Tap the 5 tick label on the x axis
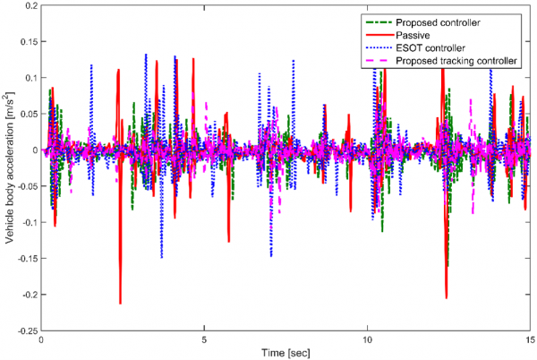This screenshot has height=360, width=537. pyautogui.click(x=205, y=340)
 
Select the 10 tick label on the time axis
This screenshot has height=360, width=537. pyautogui.click(x=368, y=340)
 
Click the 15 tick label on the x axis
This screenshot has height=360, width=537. pyautogui.click(x=531, y=340)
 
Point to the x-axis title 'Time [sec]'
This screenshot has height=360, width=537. pyautogui.click(x=286, y=353)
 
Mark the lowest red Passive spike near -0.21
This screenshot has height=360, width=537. pyautogui.click(x=120, y=304)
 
